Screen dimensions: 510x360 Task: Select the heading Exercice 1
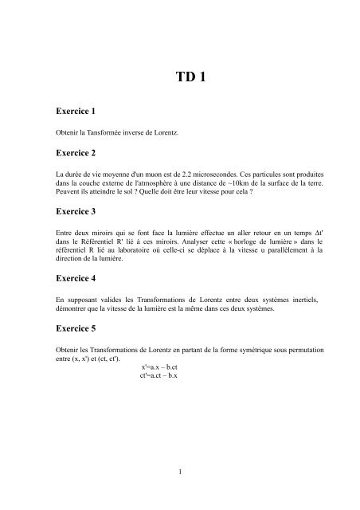[x=78, y=114]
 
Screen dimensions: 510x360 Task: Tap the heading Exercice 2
[x=78, y=152]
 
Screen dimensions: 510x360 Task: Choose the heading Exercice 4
[x=78, y=280]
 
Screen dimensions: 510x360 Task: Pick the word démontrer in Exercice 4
[x=68, y=309]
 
